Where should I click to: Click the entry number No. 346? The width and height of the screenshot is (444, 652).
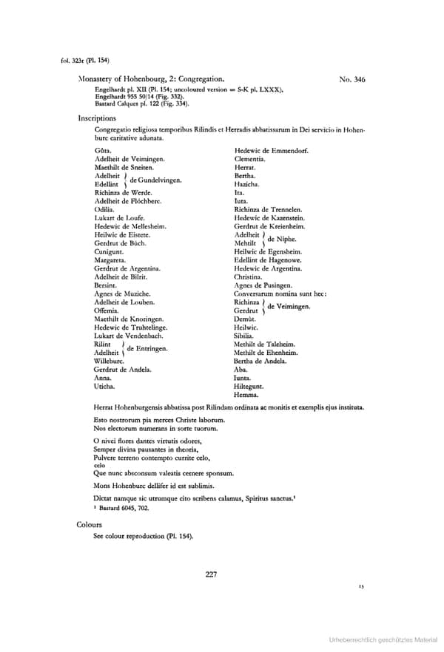[351, 78]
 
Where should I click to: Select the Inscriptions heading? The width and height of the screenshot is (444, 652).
[96, 118]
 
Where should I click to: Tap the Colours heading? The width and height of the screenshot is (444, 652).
[90, 524]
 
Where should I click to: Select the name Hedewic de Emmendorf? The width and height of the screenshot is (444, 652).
[271, 151]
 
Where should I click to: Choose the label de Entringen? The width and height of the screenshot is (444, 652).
[147, 347]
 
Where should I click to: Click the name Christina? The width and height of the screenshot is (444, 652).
[249, 276]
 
